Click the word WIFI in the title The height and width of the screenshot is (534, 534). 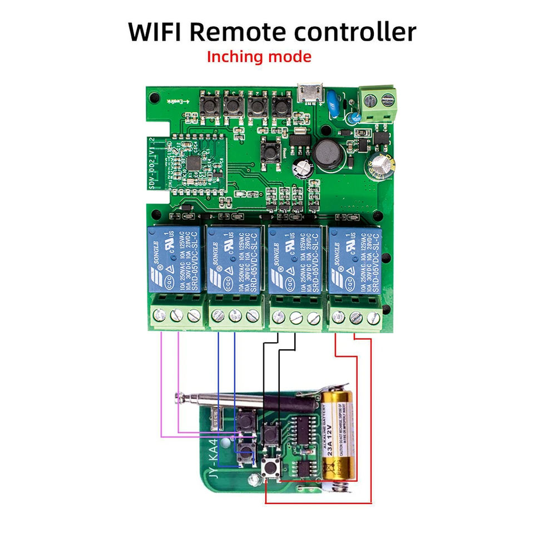(x=154, y=32)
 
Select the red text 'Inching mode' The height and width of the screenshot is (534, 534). (x=259, y=57)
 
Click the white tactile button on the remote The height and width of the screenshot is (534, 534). (x=271, y=468)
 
